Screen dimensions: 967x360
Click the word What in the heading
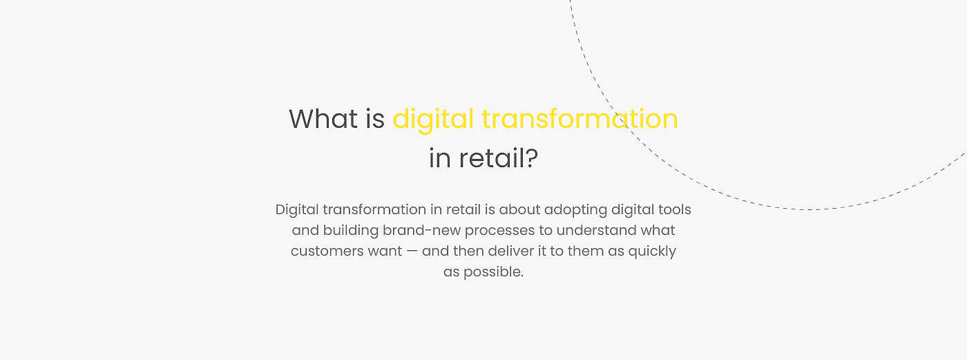click(x=323, y=119)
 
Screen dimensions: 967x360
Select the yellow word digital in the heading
click(x=433, y=120)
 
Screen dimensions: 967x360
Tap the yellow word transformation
click(x=580, y=119)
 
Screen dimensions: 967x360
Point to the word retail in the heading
click(x=491, y=158)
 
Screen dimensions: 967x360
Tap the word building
click(x=351, y=231)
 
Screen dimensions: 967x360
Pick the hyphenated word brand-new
click(x=422, y=230)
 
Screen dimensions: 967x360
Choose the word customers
click(x=321, y=252)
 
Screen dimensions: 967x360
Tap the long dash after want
click(x=412, y=252)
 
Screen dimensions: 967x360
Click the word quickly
click(x=652, y=252)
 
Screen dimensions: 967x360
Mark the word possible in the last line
click(x=493, y=272)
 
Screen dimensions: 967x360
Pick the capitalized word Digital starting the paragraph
click(x=297, y=210)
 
